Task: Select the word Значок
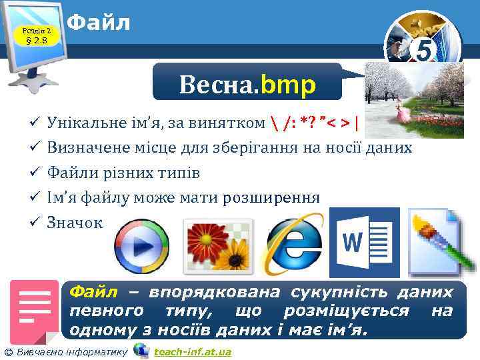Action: pyautogui.click(x=75, y=223)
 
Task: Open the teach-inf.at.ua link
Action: pyautogui.click(x=192, y=351)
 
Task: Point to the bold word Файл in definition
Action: pyautogui.click(x=93, y=292)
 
